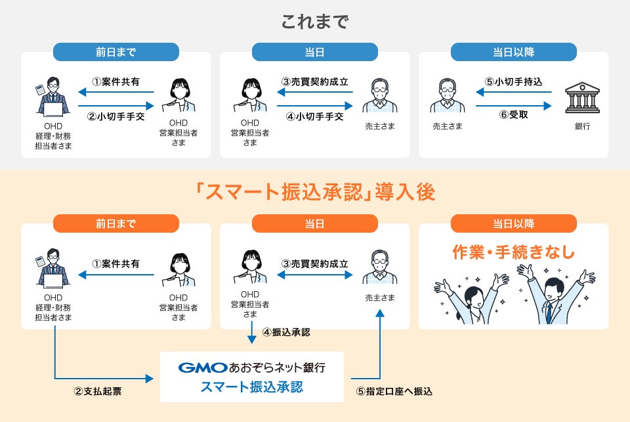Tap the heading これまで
315,22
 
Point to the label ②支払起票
97,392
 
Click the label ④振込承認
286,332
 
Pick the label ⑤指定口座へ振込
394,392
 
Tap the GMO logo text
202,367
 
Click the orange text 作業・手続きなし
514,252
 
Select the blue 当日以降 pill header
513,52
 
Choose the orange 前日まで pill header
115,223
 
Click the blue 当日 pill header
314,52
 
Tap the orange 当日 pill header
314,223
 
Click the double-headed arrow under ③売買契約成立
315,275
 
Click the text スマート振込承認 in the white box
252,387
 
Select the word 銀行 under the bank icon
581,126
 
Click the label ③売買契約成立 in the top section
315,82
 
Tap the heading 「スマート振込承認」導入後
315,192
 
